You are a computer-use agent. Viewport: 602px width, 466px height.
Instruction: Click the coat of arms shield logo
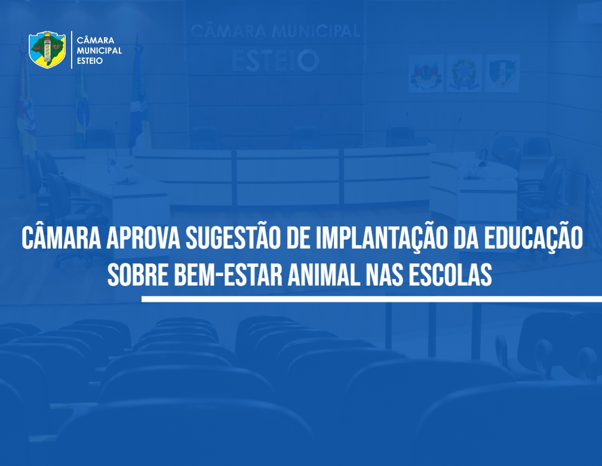pyautogui.click(x=47, y=50)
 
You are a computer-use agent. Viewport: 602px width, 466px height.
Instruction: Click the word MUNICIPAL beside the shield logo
pyautogui.click(x=99, y=51)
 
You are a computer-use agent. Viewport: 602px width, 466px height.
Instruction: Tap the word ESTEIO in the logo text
pyautogui.click(x=90, y=61)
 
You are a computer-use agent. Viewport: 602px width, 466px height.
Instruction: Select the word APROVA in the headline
pyautogui.click(x=143, y=238)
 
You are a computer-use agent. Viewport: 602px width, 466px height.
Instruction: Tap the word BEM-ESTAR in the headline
pyautogui.click(x=228, y=275)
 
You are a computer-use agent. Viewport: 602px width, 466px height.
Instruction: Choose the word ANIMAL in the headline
pyautogui.click(x=324, y=275)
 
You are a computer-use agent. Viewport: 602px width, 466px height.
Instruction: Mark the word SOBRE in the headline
pyautogui.click(x=138, y=275)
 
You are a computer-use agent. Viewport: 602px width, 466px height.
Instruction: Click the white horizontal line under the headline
pyautogui.click(x=371, y=299)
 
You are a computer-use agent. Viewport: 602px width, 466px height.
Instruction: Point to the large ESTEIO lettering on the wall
pyautogui.click(x=275, y=61)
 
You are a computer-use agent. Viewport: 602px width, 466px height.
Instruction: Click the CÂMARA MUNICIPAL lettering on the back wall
pyautogui.click(x=275, y=31)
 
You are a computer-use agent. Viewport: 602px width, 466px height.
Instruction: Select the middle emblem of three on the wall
pyautogui.click(x=465, y=73)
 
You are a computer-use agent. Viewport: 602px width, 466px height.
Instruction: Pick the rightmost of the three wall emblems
pyautogui.click(x=503, y=73)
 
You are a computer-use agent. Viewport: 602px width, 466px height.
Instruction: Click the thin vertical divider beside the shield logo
pyautogui.click(x=72, y=50)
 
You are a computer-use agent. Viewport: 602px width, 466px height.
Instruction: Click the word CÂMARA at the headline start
pyautogui.click(x=62, y=238)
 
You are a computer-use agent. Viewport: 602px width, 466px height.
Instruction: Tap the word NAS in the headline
pyautogui.click(x=385, y=275)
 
